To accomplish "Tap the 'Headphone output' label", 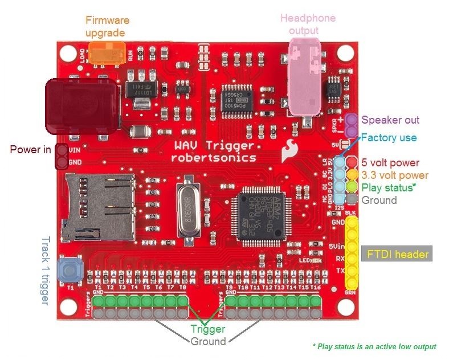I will (308, 24).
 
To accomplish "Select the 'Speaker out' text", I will (390, 120).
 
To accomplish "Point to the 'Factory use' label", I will (389, 138).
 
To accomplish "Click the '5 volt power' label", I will (390, 163).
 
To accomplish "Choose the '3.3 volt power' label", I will (395, 175).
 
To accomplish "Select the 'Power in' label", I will (30, 150).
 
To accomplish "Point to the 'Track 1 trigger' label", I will (47, 271).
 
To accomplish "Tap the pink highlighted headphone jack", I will (305, 74).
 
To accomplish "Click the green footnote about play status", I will (374, 346).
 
